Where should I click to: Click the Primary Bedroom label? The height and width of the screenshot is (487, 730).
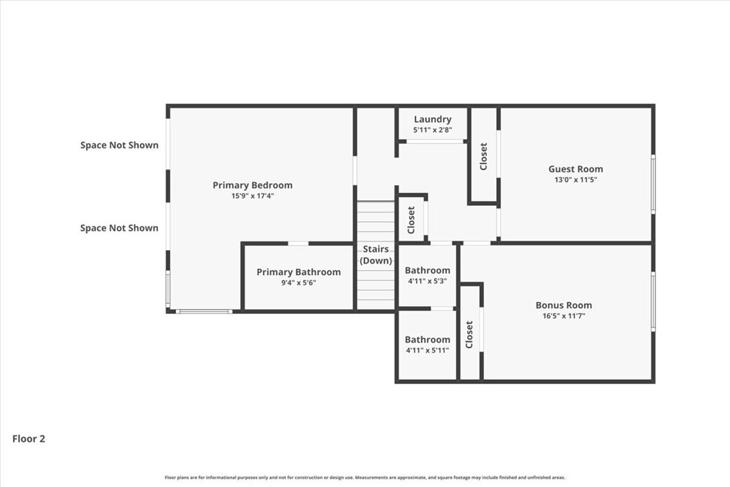tap(252, 186)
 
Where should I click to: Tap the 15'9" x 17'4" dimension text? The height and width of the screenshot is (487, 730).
tap(252, 196)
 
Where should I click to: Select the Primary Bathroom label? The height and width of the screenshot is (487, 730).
tap(298, 272)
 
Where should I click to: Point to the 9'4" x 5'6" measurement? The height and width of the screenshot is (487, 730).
tap(298, 283)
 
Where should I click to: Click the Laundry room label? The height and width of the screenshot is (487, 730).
tap(432, 120)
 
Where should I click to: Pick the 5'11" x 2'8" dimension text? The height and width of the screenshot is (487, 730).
tap(432, 130)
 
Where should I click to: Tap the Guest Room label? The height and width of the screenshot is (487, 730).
tap(575, 169)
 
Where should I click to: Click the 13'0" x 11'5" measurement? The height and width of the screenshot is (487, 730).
tap(575, 180)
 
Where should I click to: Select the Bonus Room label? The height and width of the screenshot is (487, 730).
tap(564, 305)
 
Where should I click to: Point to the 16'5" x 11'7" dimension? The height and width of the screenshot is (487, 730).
tap(564, 316)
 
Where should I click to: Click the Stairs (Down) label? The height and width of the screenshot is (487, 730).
tap(376, 255)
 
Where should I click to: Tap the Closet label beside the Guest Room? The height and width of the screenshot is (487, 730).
tap(483, 157)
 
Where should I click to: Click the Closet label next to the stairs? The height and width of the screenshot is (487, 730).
tap(411, 220)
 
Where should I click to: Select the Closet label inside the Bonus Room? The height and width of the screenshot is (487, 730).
tap(469, 334)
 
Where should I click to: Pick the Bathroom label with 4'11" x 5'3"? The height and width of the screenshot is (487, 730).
tap(428, 271)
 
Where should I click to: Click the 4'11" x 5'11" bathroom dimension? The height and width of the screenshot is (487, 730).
tap(428, 350)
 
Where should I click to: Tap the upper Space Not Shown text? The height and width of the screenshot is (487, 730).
tap(119, 145)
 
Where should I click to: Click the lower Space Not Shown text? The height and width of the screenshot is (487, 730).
tap(119, 228)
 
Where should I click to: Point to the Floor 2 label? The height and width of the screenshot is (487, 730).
tap(29, 439)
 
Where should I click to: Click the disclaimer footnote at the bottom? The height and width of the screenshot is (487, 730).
tap(365, 478)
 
